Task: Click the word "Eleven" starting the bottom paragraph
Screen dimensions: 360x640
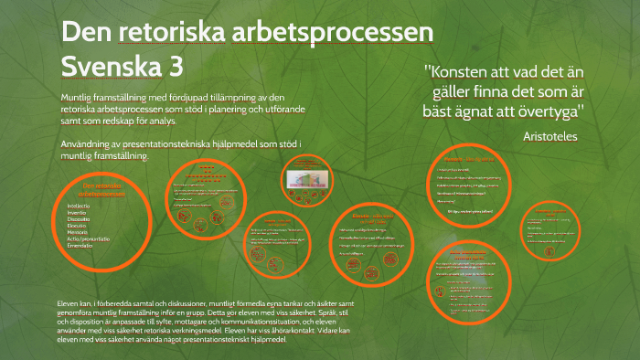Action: point(70,302)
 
